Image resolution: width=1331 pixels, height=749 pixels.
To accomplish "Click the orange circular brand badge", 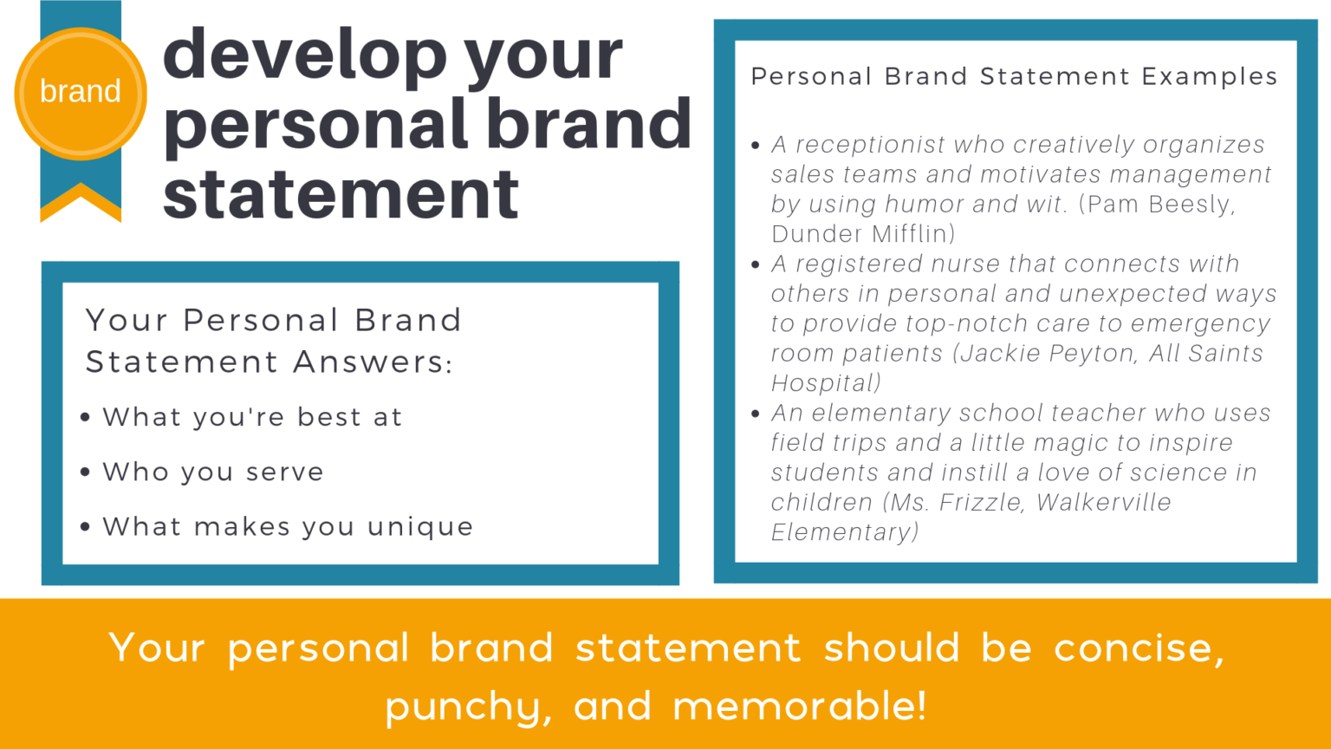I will [81, 93].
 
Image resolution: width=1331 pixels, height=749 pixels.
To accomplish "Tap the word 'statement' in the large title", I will [341, 195].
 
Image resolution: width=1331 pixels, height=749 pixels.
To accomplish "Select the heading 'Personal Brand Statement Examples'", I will [1014, 76].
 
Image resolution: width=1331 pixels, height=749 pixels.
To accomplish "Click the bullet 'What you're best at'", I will [252, 417].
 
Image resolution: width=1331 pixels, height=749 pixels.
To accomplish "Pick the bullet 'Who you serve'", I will [213, 472].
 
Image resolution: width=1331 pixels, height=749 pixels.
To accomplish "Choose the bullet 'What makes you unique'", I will [288, 526].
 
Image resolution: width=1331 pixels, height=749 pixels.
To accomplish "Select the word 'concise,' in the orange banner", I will [1139, 648].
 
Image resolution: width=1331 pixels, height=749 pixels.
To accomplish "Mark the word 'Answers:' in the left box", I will [373, 361].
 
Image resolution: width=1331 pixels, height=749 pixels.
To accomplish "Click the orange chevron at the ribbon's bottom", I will [81, 202].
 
